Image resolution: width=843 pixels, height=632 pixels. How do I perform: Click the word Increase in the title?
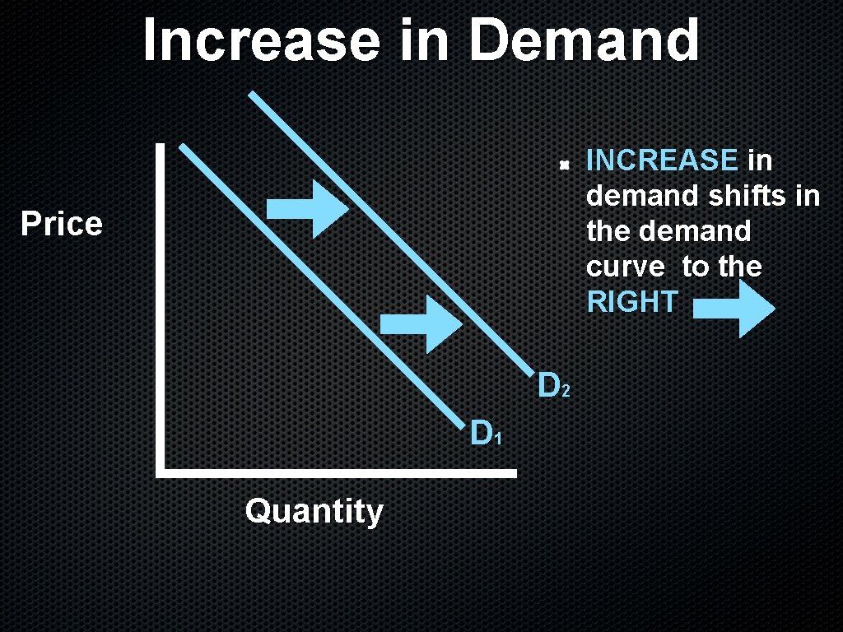coord(260,41)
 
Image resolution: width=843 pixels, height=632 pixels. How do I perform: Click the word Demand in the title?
coord(584,41)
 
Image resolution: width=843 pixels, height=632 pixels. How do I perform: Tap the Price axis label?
coord(62,224)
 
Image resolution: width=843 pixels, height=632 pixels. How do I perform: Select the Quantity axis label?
coord(314,512)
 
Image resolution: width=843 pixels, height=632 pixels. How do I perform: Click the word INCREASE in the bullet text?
coord(662,160)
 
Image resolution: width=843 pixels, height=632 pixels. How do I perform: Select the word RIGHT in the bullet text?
coord(631,302)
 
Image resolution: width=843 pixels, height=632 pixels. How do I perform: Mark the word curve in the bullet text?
coord(626,267)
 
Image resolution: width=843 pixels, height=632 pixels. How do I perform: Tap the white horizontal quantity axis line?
coord(338,473)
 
